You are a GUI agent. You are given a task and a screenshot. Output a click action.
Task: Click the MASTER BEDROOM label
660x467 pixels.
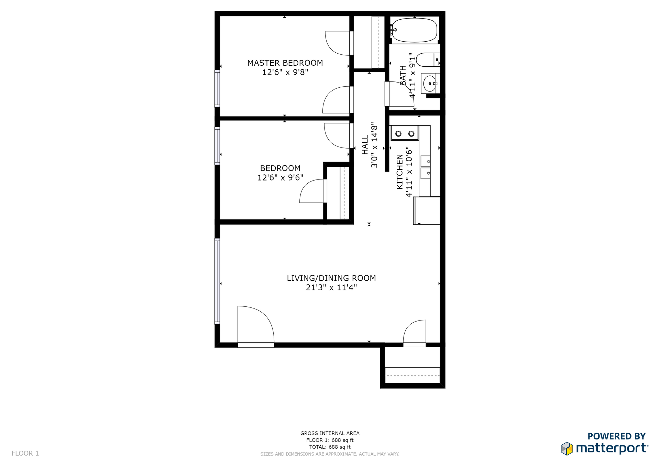pyautogui.click(x=285, y=63)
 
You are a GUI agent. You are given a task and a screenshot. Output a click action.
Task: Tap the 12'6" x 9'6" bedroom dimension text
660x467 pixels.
pyautogui.click(x=280, y=177)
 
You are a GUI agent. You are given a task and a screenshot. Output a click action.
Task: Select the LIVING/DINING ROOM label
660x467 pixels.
pyautogui.click(x=331, y=278)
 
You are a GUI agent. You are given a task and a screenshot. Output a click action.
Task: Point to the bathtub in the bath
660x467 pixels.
pyautogui.click(x=414, y=30)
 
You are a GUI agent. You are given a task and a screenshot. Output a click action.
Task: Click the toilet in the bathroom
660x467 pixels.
pyautogui.click(x=428, y=60)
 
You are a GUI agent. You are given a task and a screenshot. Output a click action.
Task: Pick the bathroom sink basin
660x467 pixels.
pyautogui.click(x=430, y=84)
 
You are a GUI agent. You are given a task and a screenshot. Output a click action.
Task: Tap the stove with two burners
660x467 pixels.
pyautogui.click(x=405, y=133)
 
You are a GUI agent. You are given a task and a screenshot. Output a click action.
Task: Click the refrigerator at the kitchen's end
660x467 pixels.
pyautogui.click(x=427, y=211)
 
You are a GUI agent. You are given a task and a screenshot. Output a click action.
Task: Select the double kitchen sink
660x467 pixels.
pyautogui.click(x=426, y=167)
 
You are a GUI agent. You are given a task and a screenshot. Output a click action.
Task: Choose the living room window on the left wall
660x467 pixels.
pyautogui.click(x=217, y=281)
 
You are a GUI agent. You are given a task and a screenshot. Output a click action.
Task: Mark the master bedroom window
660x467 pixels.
pyautogui.click(x=217, y=88)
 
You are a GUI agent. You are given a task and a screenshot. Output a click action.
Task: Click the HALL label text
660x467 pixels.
pyautogui.click(x=365, y=144)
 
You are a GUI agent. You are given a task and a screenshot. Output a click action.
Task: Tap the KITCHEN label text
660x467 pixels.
pyautogui.click(x=400, y=172)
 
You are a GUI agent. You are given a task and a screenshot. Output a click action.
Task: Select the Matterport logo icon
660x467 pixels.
pyautogui.click(x=567, y=449)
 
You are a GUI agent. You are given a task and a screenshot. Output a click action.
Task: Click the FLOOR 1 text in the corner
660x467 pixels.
pyautogui.click(x=25, y=453)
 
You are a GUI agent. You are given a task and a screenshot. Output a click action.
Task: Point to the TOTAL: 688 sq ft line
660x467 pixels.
pyautogui.click(x=330, y=447)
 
